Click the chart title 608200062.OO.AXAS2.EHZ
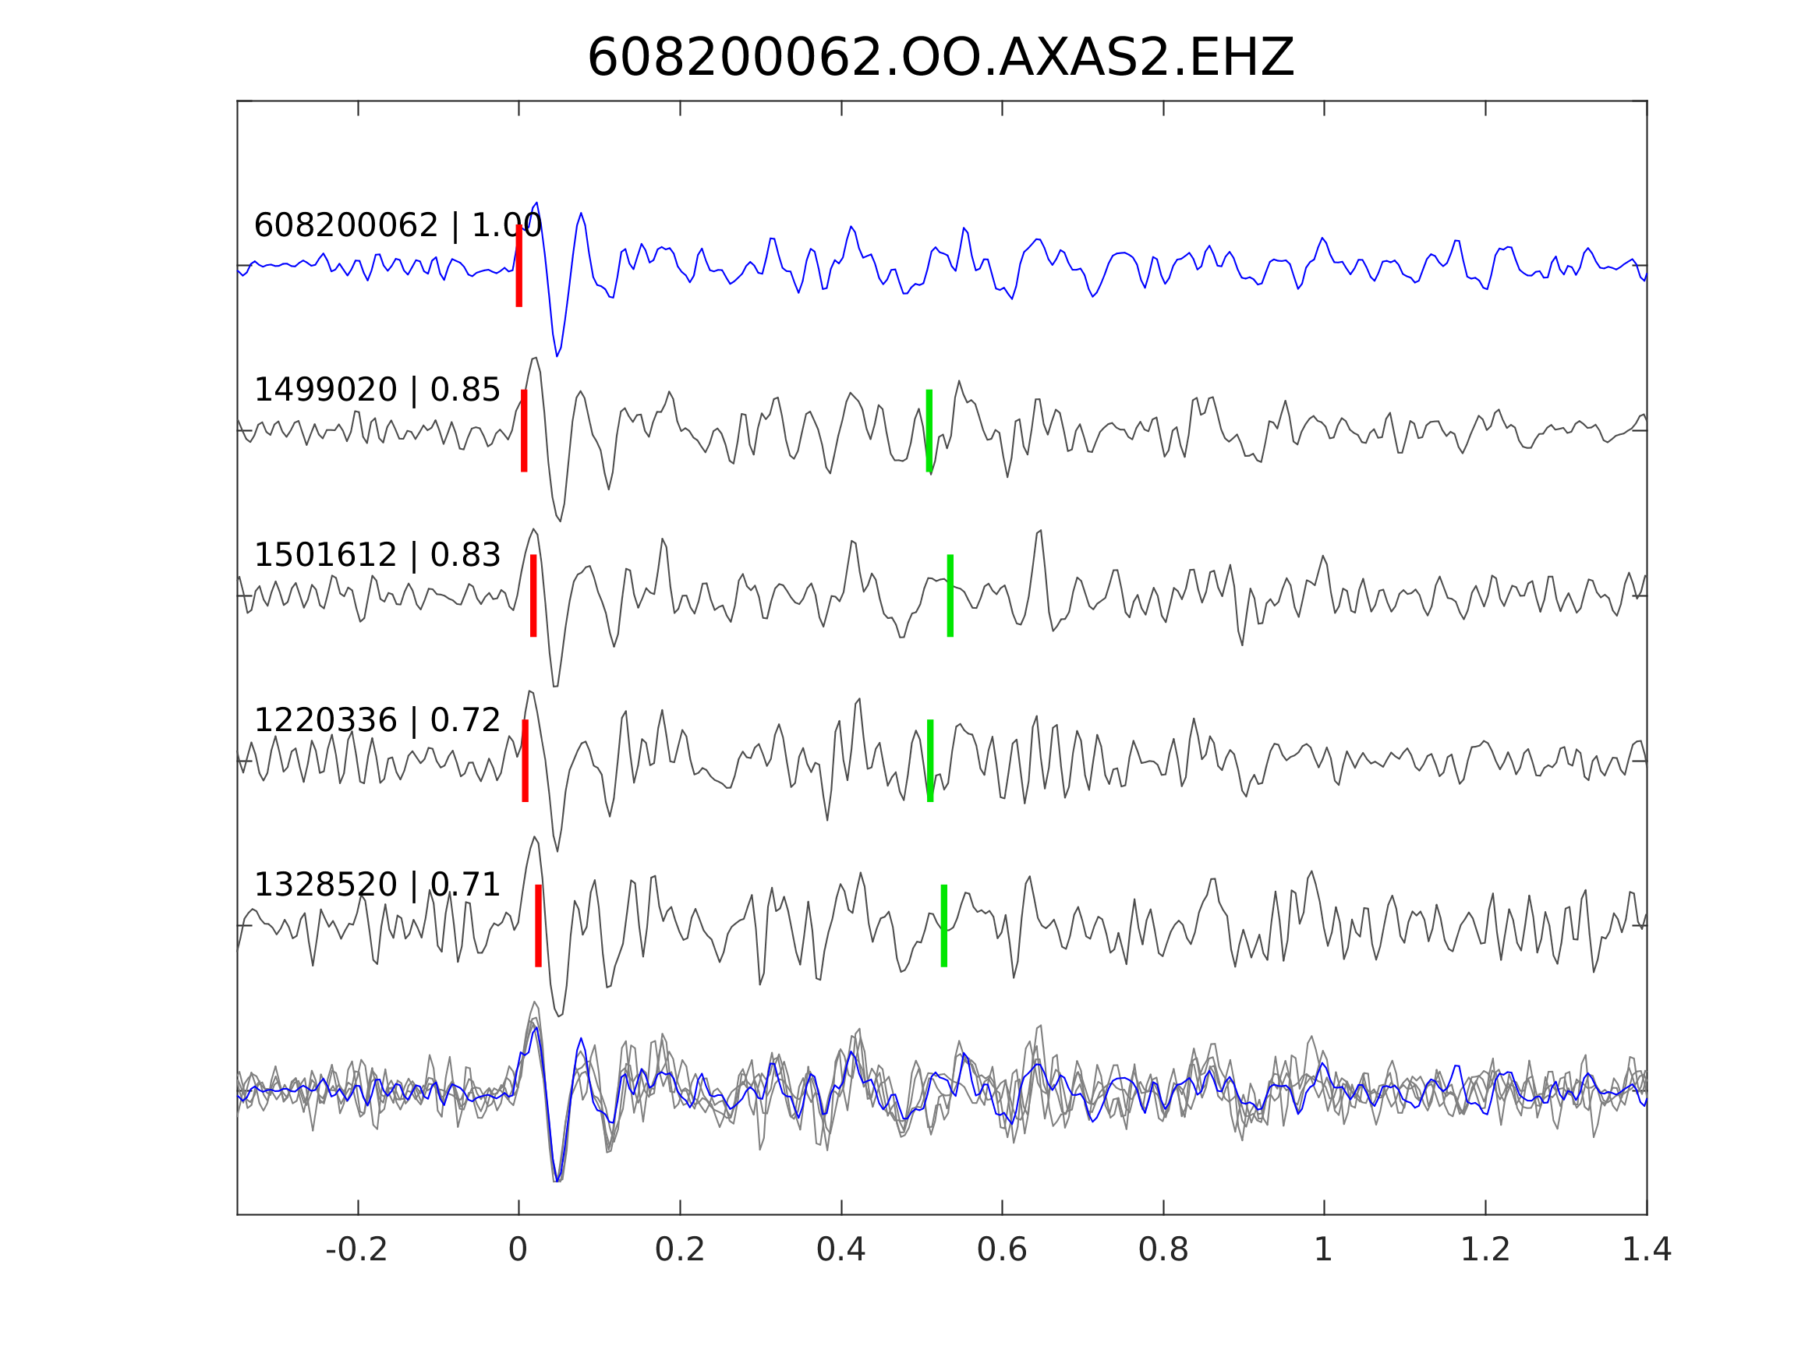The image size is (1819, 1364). point(940,58)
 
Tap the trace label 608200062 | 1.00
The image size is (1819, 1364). point(397,225)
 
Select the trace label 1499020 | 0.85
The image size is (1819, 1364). point(377,390)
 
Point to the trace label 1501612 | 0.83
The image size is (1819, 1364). point(377,555)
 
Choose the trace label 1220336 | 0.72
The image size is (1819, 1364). point(377,720)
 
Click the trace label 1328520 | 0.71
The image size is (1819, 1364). point(377,885)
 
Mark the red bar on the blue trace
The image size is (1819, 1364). point(519,266)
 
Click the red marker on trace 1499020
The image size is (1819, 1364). point(524,431)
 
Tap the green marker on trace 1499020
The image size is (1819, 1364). point(929,431)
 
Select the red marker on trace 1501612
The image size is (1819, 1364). point(534,595)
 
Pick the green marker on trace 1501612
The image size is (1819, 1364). point(950,595)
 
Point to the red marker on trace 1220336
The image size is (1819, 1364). point(526,761)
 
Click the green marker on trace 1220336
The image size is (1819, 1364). point(930,761)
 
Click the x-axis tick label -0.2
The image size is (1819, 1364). point(356,1250)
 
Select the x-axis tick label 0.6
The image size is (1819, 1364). point(1002,1250)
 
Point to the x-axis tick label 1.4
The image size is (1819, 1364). point(1647,1250)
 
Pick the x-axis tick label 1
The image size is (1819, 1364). point(1323,1250)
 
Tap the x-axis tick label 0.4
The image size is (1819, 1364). point(840,1250)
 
